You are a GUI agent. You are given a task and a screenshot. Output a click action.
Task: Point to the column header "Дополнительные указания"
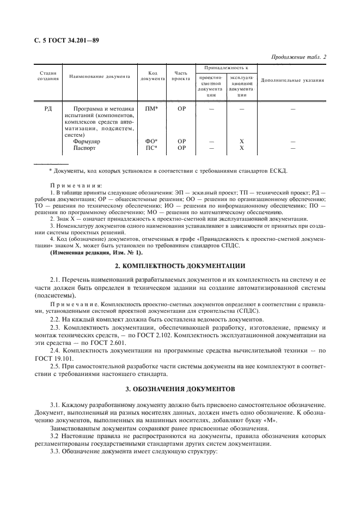point(292,80)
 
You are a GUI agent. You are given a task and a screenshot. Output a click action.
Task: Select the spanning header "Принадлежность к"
point(226,68)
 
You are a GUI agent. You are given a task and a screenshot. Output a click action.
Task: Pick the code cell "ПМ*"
point(151,109)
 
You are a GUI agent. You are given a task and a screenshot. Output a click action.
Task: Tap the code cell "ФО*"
point(151,141)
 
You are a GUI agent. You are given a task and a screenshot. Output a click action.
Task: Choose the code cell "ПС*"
point(151,148)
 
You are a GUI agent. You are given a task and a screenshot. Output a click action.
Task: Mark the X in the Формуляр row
point(241,141)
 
